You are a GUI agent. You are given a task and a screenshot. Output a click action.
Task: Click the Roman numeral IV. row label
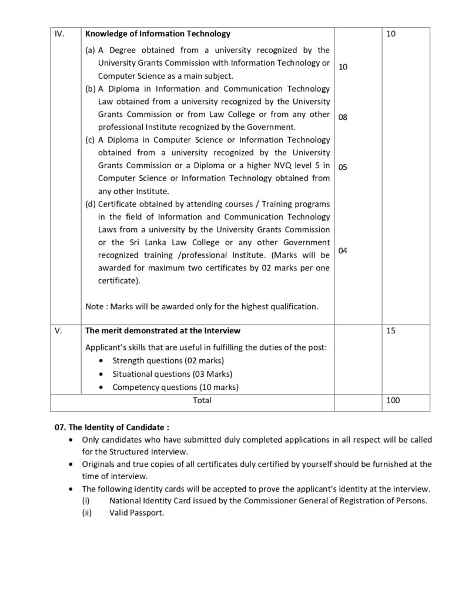coord(59,34)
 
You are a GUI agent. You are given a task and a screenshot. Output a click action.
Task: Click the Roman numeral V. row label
coord(58,331)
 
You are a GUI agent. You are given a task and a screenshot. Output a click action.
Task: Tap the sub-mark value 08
coord(343,118)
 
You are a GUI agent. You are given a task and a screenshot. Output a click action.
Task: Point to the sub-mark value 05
coord(343,167)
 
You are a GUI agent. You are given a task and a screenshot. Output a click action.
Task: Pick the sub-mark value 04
coord(343,251)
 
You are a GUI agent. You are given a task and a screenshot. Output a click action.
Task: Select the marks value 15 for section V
coord(391,331)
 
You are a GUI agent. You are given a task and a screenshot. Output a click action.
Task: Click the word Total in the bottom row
coord(202,400)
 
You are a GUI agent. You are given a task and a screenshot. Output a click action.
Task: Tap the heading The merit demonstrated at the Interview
coord(163,331)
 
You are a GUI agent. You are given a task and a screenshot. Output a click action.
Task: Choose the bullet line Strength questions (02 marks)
coord(168,360)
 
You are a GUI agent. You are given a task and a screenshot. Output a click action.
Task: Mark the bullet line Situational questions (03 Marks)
coord(172,374)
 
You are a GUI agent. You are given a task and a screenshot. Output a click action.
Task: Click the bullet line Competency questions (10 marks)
coord(175,387)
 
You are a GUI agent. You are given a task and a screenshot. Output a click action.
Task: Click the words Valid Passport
coord(136,513)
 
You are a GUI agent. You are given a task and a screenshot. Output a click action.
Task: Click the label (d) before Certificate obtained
coord(91,204)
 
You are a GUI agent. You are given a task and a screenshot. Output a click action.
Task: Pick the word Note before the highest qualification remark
coord(94,306)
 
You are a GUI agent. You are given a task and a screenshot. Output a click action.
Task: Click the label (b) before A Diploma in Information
coord(91,89)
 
